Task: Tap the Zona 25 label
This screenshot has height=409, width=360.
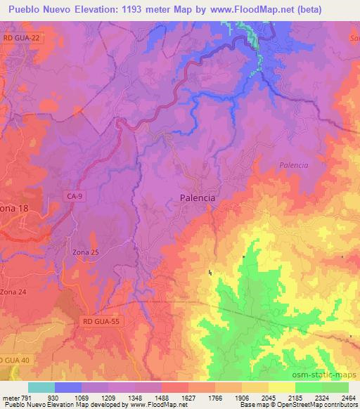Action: [86, 252]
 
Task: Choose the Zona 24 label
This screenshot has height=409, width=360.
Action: [14, 291]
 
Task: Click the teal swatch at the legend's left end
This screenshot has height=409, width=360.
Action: [41, 388]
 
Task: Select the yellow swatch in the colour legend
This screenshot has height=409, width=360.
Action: [281, 388]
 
